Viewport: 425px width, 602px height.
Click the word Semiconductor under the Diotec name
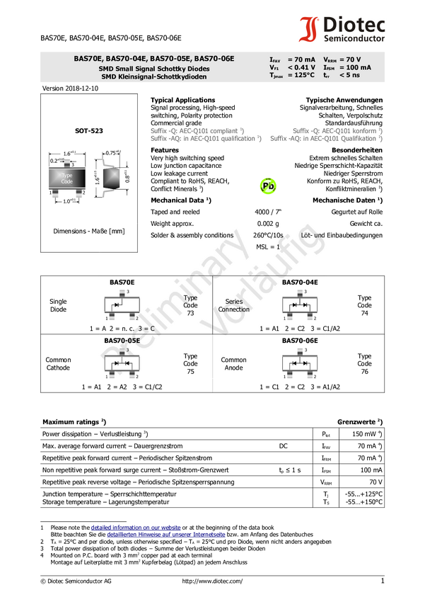coord(354,38)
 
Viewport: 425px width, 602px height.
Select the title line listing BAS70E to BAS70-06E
coord(154,59)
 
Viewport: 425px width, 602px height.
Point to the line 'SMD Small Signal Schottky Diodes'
coord(154,68)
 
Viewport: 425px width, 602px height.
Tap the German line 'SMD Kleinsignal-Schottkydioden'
coord(154,76)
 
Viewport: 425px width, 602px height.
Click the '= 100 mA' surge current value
coord(355,68)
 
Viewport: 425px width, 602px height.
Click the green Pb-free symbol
coord(268,186)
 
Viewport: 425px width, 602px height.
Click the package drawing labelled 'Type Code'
coord(66,178)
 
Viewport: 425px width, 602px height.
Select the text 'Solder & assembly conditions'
coord(192,235)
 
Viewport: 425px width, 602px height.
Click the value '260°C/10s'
coord(268,235)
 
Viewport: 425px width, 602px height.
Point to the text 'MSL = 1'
coord(268,247)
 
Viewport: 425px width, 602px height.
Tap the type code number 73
coord(190,313)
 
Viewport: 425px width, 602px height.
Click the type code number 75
coord(190,371)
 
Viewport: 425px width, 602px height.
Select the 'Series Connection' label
coord(234,305)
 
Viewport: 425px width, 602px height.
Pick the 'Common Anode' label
coord(233,364)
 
